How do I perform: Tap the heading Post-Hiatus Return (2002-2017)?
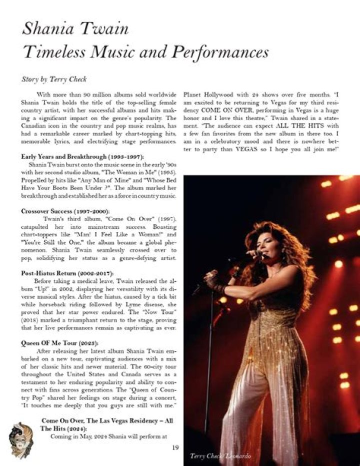(x=67, y=273)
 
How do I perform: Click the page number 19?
(x=175, y=447)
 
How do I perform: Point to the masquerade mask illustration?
(x=21, y=439)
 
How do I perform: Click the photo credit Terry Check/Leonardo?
(x=220, y=455)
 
